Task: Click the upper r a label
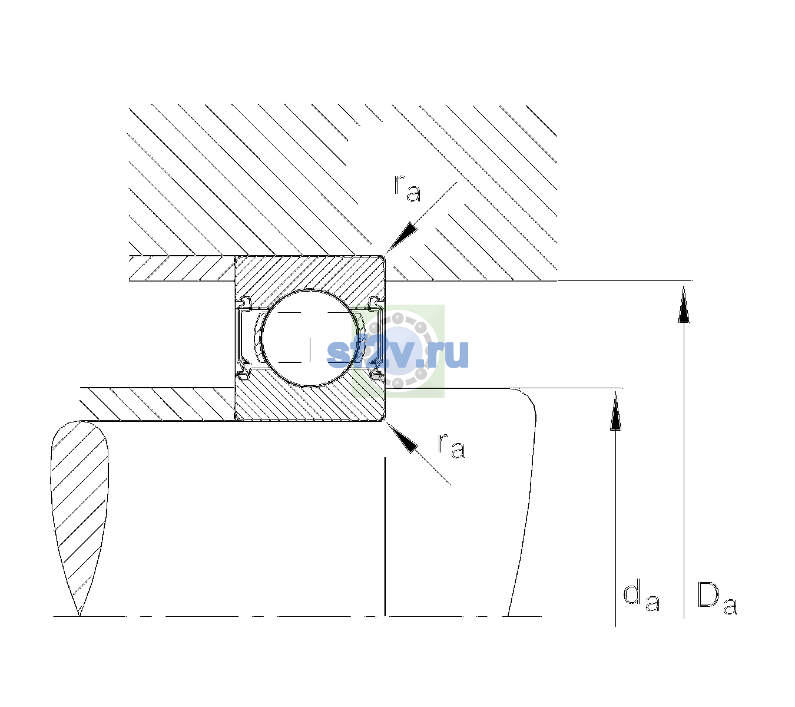click(407, 189)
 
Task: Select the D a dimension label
click(717, 598)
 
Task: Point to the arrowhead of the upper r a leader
click(401, 238)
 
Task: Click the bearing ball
click(310, 338)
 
